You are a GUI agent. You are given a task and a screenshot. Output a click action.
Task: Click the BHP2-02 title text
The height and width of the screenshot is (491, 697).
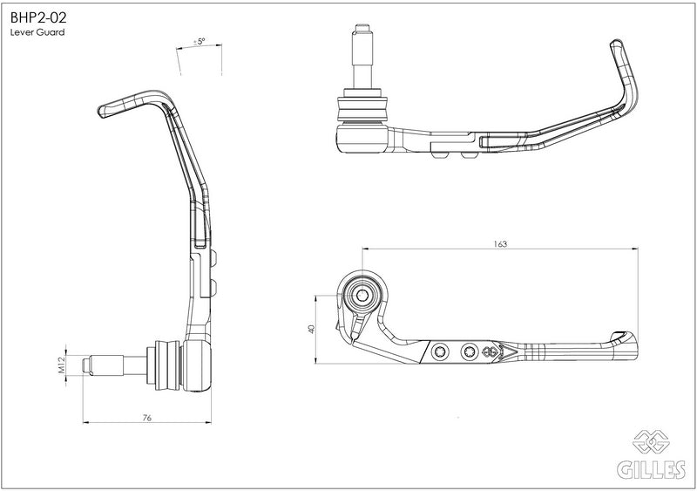click(x=38, y=17)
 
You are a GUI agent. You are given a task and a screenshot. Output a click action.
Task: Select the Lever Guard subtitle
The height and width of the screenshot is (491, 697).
click(x=37, y=32)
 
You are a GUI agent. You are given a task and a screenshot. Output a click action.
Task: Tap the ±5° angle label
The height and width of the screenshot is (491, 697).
click(x=200, y=41)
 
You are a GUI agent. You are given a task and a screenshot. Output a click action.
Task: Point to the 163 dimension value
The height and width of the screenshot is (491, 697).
click(x=500, y=244)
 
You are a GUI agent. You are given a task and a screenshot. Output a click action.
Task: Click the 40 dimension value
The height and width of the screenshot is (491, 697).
click(x=312, y=329)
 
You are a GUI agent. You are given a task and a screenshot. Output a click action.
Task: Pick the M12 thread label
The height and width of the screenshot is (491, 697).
click(x=62, y=365)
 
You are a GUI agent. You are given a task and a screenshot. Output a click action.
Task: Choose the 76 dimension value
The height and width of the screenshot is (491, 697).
click(x=146, y=418)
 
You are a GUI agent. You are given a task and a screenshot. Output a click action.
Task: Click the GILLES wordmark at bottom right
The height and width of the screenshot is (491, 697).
click(x=651, y=469)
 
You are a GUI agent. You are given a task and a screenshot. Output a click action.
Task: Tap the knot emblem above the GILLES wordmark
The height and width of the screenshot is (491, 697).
click(x=651, y=441)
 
